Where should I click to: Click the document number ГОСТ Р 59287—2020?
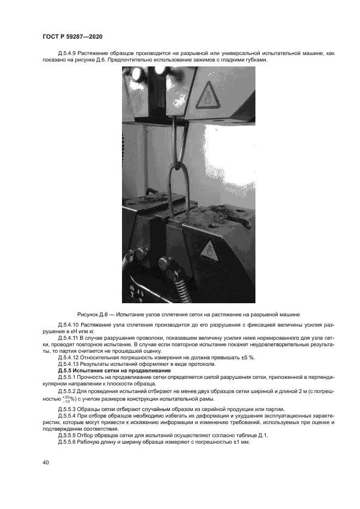click(72, 36)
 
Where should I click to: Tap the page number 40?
click(46, 462)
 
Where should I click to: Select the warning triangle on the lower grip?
click(209, 250)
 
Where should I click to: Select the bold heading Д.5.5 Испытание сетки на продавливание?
click(114, 370)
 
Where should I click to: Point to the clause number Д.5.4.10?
click(68, 325)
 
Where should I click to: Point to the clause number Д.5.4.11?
click(68, 338)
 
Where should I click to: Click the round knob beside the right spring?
click(163, 264)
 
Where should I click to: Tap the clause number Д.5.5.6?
click(67, 442)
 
